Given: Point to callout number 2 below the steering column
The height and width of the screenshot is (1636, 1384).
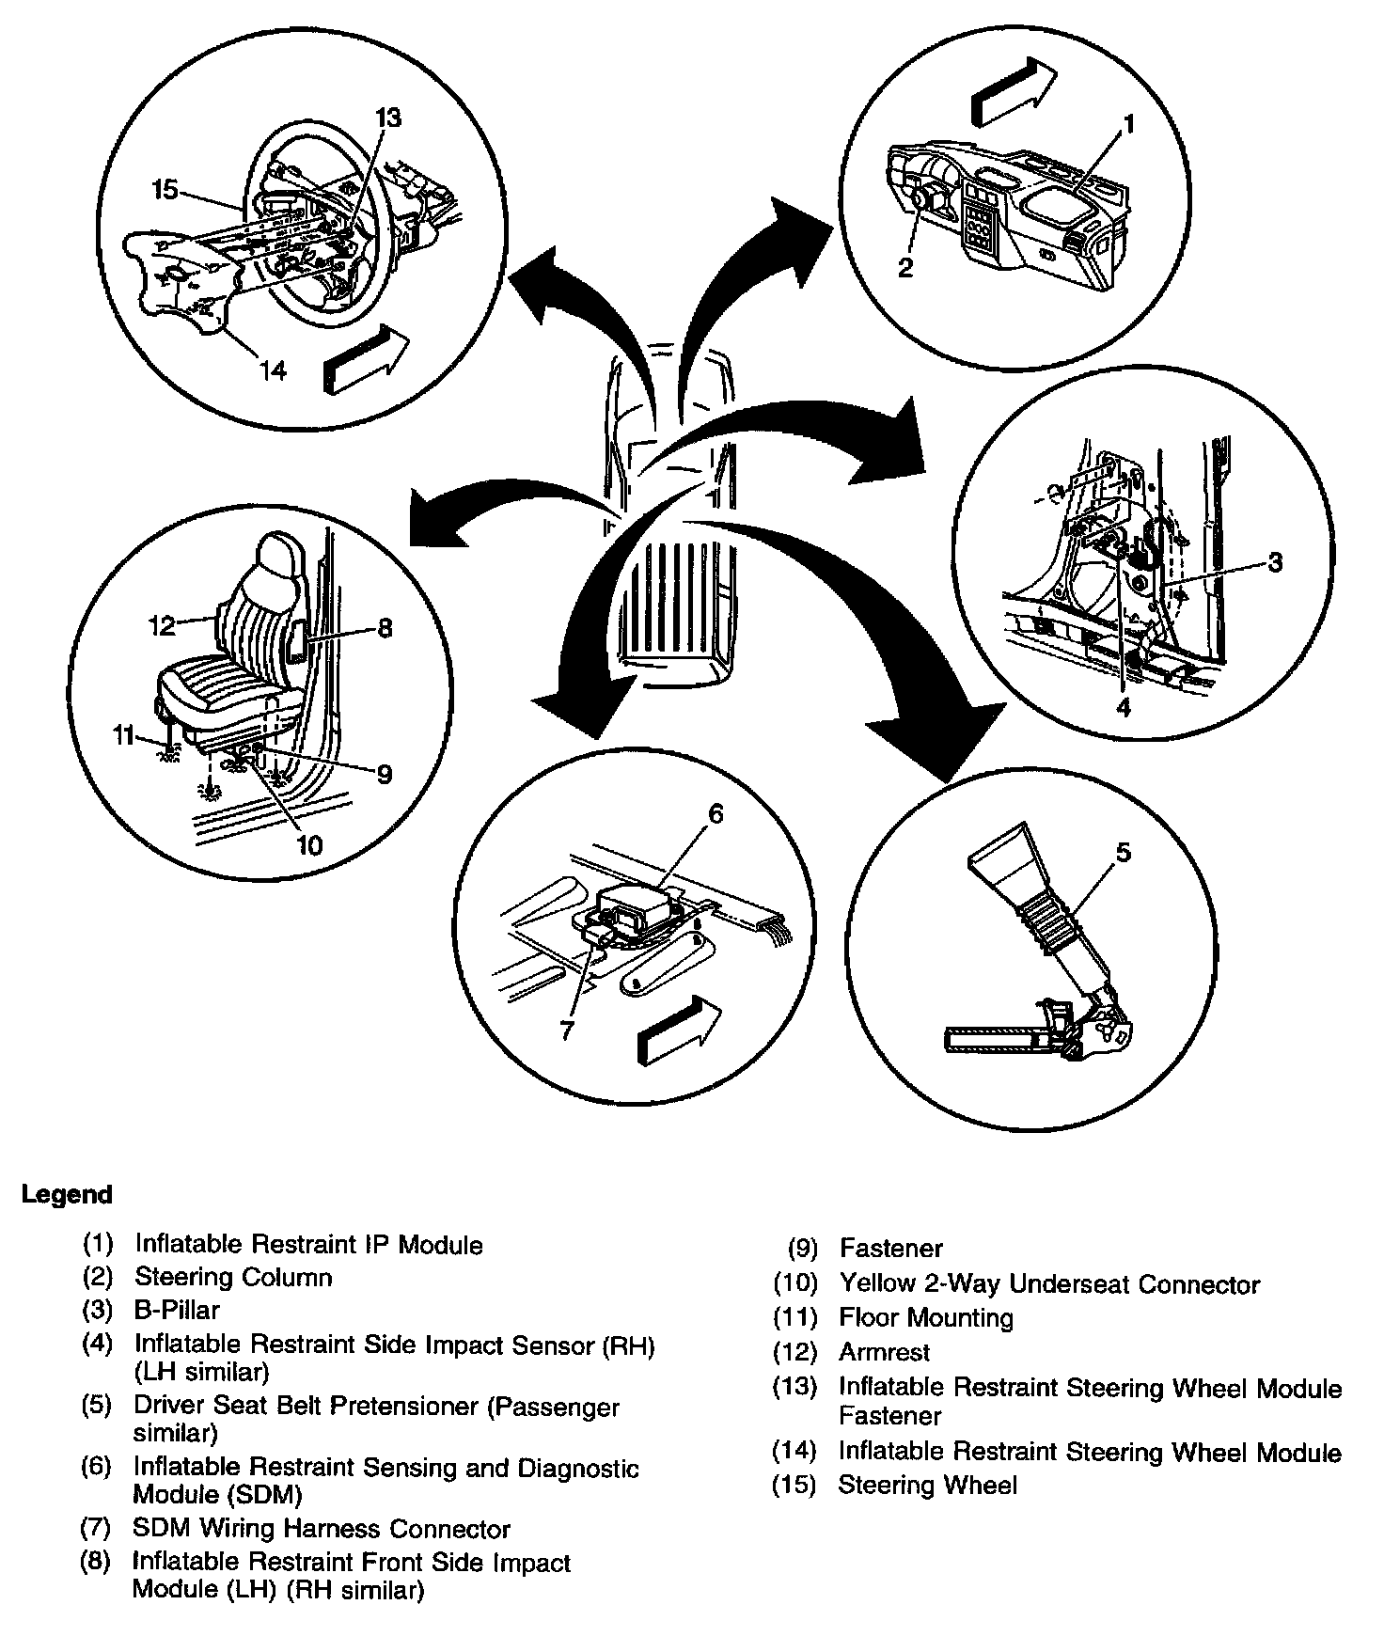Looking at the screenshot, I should point(904,268).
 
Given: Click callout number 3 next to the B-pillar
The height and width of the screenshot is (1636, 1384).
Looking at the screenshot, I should point(1274,562).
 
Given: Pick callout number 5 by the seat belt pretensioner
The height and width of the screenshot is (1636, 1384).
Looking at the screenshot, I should point(1123,852).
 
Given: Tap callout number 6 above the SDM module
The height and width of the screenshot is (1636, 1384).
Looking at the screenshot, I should point(716,814).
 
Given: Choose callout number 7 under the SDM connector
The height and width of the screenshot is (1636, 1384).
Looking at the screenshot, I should point(566,1031).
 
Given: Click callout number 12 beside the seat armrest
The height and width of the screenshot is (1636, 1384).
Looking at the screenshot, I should point(162,624).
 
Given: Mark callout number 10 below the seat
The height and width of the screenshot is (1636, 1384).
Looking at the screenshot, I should point(309,845).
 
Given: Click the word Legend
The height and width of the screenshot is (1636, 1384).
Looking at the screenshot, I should point(67,1195).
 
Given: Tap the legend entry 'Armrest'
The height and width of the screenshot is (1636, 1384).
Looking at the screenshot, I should point(884,1352).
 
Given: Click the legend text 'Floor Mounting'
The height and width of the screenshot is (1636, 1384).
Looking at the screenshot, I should point(925,1318).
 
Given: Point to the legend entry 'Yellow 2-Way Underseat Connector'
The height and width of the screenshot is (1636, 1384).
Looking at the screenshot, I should point(1048,1284).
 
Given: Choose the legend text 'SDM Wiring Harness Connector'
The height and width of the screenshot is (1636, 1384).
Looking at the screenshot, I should point(321,1530).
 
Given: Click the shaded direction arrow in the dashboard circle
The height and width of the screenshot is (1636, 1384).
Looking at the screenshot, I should point(1013,91).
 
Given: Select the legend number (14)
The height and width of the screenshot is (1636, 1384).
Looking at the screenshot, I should point(794,1452).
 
